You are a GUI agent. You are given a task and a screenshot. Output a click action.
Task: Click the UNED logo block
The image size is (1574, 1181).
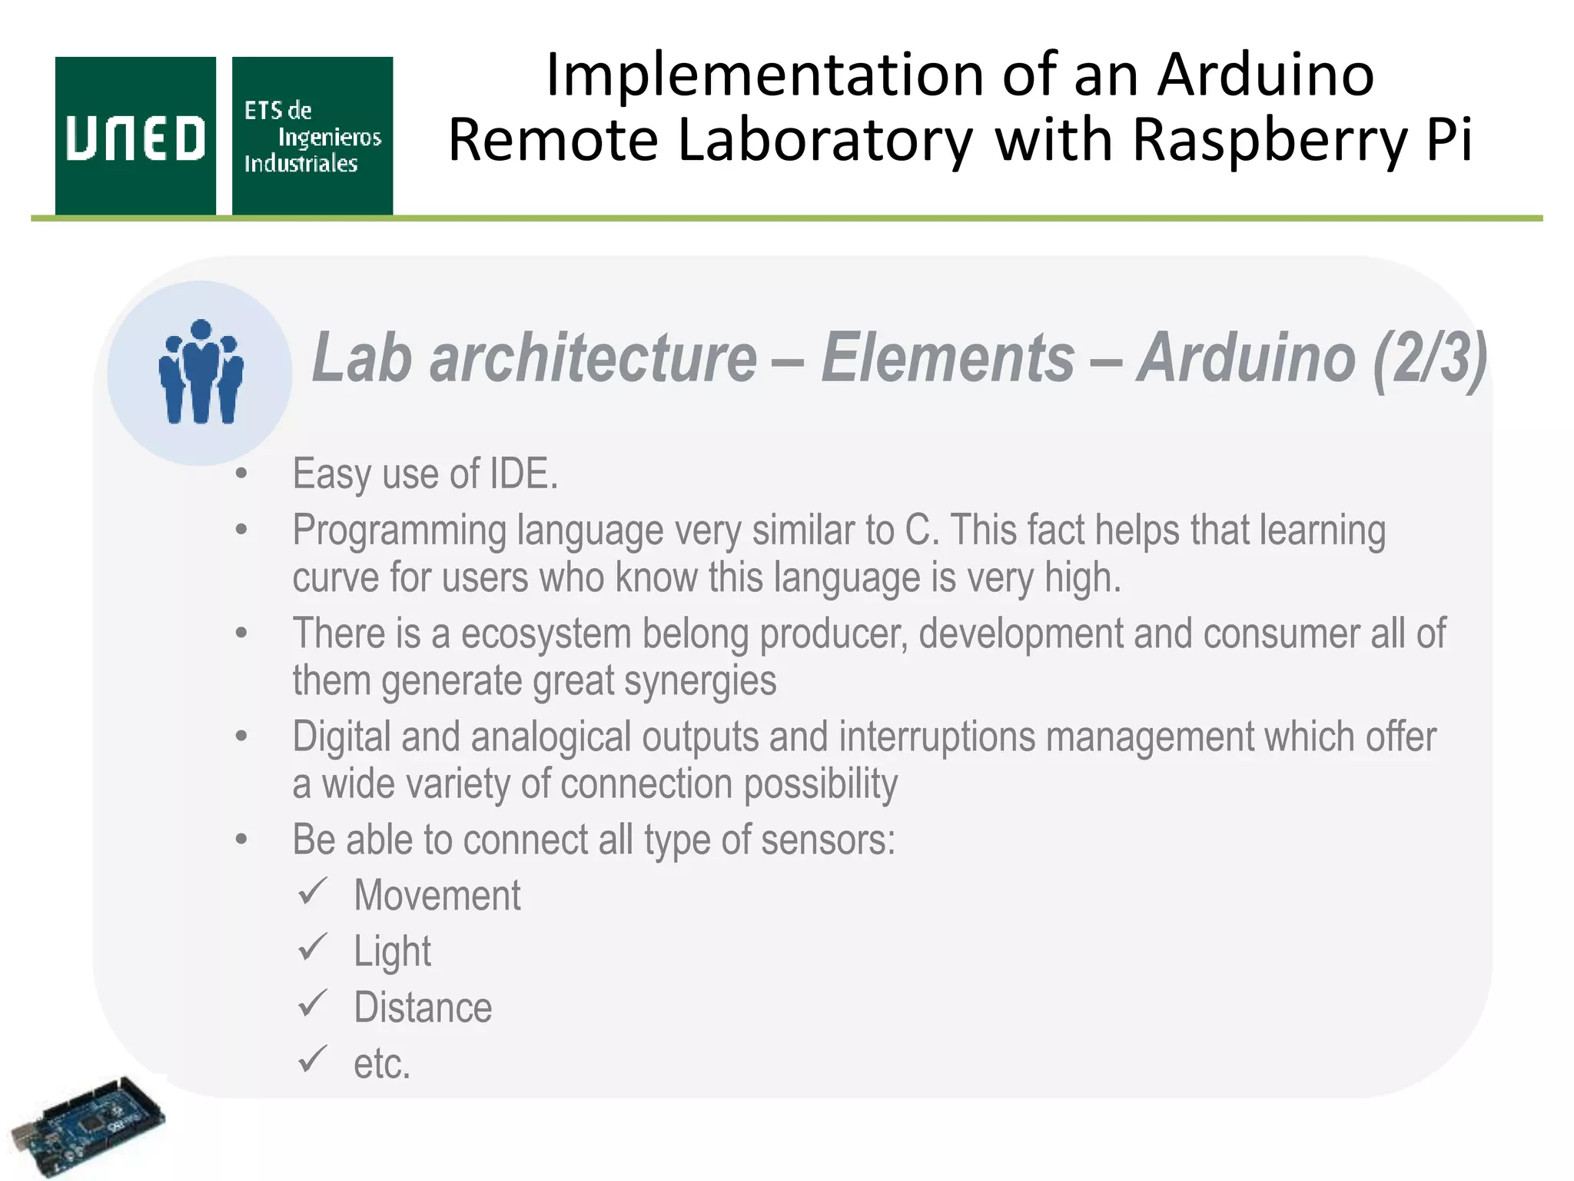[x=135, y=136]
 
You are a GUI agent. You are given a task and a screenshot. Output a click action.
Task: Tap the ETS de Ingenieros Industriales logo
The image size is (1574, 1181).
[x=312, y=136]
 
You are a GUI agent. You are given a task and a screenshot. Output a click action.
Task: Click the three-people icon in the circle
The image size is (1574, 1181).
[x=200, y=372]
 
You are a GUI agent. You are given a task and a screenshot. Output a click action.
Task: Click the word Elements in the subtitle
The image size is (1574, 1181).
[x=947, y=358]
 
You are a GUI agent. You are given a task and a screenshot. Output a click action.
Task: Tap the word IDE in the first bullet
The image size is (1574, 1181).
[x=523, y=474]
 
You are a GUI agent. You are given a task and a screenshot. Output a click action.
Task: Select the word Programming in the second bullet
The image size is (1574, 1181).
[x=399, y=531]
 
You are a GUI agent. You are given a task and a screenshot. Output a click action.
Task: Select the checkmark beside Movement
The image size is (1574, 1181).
[x=313, y=892]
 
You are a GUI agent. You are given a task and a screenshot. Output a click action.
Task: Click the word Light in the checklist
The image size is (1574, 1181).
[x=392, y=952]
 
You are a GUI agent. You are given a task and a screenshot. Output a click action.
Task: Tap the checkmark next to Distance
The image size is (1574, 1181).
[x=313, y=1004]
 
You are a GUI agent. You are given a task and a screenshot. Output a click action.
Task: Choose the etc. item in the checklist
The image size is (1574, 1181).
[x=382, y=1064]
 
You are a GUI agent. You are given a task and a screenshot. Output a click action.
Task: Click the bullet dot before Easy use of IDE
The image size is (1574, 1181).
[x=241, y=474]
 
